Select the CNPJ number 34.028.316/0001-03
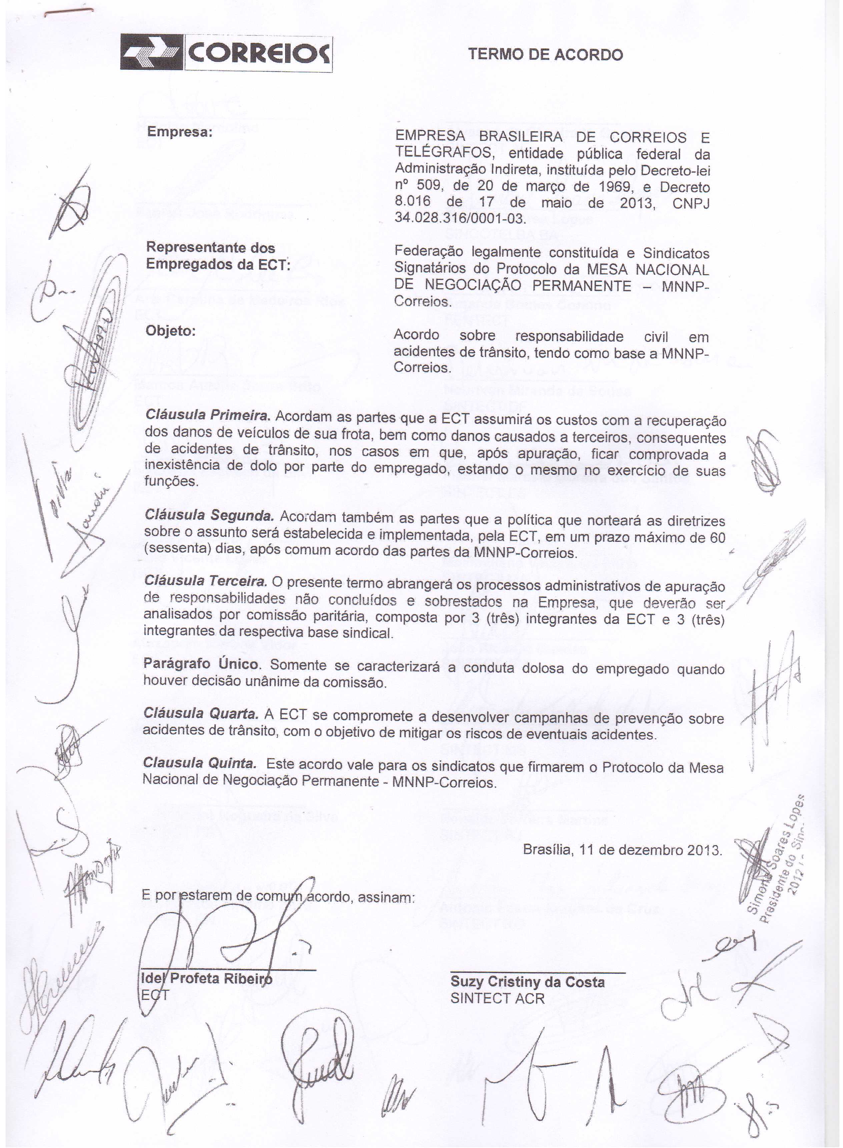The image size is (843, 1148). click(459, 219)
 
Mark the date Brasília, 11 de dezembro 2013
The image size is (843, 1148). click(622, 850)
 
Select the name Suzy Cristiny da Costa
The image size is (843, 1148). click(527, 982)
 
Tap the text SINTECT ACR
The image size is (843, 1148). click(497, 999)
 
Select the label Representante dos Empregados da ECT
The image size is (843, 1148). click(218, 256)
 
